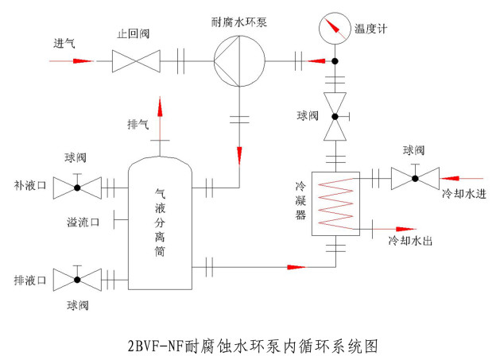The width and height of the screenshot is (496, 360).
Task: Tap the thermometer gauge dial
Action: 335,29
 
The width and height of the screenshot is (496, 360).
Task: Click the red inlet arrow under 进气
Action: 72,60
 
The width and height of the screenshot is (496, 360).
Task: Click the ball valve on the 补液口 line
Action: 77,188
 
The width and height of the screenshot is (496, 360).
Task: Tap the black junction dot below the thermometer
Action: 335,60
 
